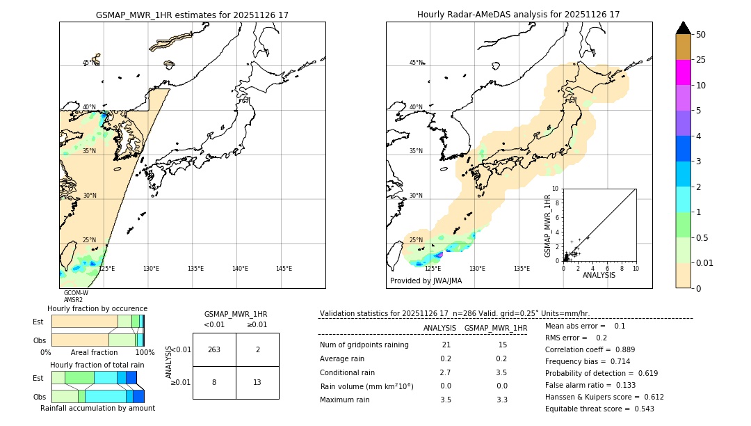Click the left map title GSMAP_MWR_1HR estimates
(192, 15)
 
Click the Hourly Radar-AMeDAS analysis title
(518, 15)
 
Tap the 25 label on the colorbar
(701, 60)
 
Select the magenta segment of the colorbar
(684, 72)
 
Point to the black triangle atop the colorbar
(684, 28)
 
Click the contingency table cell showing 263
(214, 349)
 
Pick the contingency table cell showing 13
(257, 382)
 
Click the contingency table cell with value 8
(214, 382)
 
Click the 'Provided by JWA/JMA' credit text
(426, 281)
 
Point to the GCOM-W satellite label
(76, 293)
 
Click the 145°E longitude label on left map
(284, 269)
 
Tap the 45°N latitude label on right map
(416, 63)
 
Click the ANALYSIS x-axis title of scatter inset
(599, 275)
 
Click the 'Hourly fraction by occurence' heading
(97, 308)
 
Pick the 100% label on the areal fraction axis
(145, 352)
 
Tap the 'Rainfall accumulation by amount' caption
(97, 408)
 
